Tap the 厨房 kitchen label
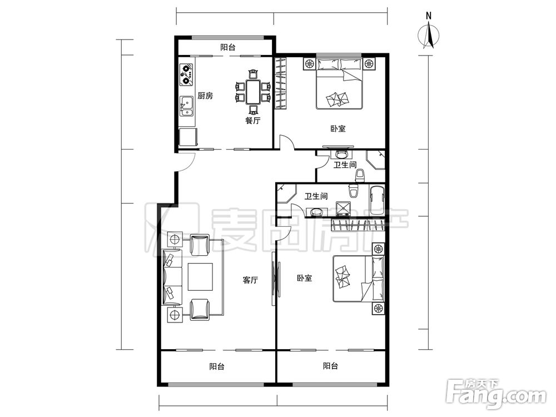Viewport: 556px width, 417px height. [x=205, y=96]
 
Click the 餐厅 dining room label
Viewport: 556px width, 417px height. [x=253, y=121]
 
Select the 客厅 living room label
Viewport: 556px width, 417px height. [x=250, y=280]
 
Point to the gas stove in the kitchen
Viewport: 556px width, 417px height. [x=186, y=75]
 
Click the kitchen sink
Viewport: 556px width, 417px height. [x=186, y=106]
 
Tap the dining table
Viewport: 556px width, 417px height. [x=253, y=92]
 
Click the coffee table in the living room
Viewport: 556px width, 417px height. [x=200, y=276]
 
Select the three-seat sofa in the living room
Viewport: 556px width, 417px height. [x=172, y=277]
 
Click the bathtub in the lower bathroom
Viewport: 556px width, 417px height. [x=376, y=200]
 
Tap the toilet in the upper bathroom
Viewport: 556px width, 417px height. [x=360, y=176]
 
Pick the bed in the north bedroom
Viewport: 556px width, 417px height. [x=339, y=84]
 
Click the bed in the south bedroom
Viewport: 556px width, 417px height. [x=358, y=280]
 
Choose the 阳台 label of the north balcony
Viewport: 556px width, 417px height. [x=227, y=47]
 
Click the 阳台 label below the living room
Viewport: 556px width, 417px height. [x=217, y=366]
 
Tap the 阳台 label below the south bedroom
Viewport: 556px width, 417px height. [x=330, y=366]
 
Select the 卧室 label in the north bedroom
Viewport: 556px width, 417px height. [x=338, y=129]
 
